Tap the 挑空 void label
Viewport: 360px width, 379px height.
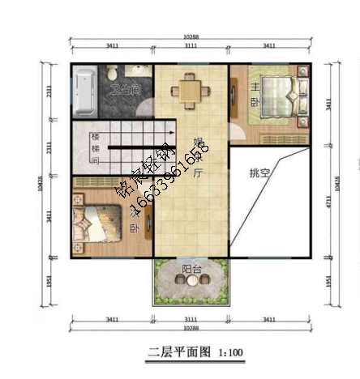click(x=261, y=172)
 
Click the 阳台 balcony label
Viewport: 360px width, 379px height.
click(x=191, y=269)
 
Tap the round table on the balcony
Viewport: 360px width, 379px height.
click(x=191, y=281)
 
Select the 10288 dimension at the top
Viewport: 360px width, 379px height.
click(x=190, y=36)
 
